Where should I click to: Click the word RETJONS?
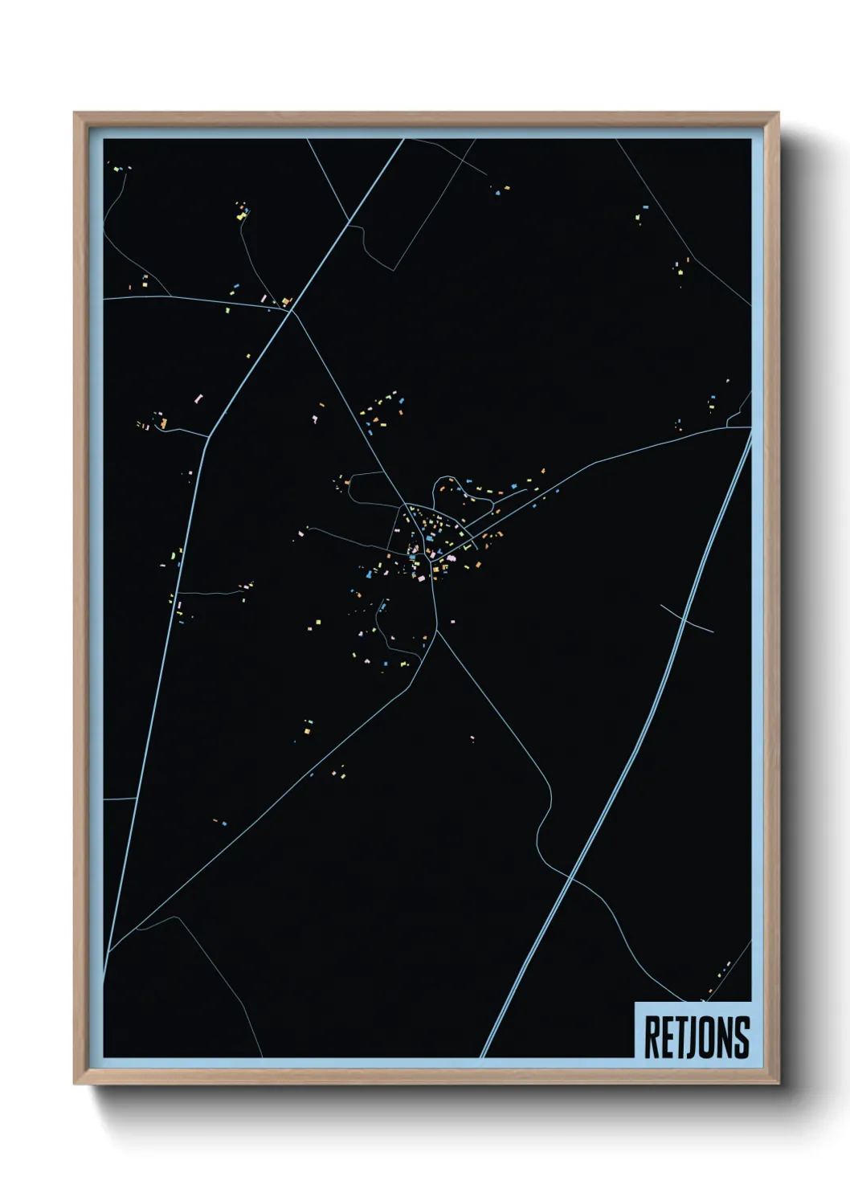coord(697,1037)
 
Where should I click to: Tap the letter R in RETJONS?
coord(652,1037)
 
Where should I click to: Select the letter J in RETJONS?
coord(687,1037)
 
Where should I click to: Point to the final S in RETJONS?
coord(742,1037)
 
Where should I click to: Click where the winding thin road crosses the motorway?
coord(571,874)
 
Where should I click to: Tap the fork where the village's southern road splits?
coord(436,631)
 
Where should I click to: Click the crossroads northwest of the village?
coord(291,308)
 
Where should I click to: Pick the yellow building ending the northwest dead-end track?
coord(240,215)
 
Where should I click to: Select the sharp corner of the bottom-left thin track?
coord(177,918)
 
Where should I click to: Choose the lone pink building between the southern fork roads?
coord(472,738)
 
